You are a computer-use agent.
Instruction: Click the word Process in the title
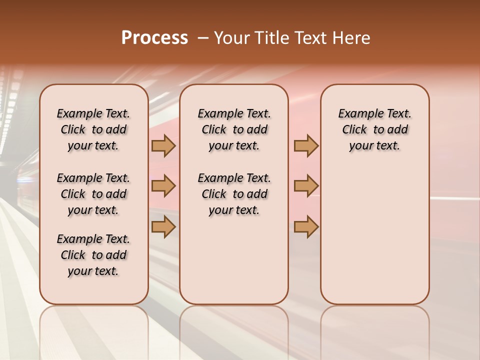(154, 38)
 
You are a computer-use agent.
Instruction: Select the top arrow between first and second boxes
(163, 146)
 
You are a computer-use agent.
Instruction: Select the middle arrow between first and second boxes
(163, 186)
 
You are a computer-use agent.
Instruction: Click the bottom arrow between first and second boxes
(163, 227)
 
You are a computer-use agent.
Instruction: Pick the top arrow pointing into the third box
(306, 146)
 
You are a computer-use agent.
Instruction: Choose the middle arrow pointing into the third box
(306, 186)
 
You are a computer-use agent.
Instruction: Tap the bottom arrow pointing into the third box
(306, 227)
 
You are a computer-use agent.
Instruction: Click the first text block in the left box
(93, 129)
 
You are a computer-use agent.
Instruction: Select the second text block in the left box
(93, 194)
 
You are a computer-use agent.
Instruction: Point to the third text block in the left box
(93, 255)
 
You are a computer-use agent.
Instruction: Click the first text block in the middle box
(234, 129)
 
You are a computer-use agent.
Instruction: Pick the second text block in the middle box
(234, 194)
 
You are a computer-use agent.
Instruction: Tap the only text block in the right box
(374, 129)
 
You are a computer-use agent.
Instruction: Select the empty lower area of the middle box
(234, 260)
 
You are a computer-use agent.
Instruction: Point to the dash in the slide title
(203, 38)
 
